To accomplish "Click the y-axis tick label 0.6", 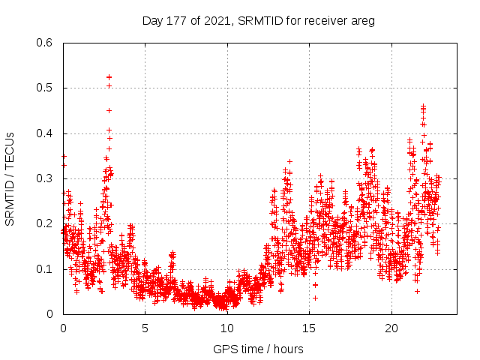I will pyautogui.click(x=46, y=43).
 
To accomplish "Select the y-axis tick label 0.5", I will pyautogui.click(x=46, y=88).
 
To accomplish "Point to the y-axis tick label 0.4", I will pyautogui.click(x=46, y=133).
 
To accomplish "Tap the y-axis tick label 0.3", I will pyautogui.click(x=46, y=178).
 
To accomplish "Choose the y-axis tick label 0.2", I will pyautogui.click(x=46, y=223).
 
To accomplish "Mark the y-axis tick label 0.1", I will pyautogui.click(x=46, y=269).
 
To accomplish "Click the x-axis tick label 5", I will pyautogui.click(x=145, y=328).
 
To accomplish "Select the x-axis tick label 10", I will pyautogui.click(x=227, y=328).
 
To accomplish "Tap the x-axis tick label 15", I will pyautogui.click(x=309, y=328).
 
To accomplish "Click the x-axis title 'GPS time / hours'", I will pyautogui.click(x=258, y=349).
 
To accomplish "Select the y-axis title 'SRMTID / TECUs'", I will pyautogui.click(x=10, y=178).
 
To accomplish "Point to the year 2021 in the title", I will pyautogui.click(x=217, y=20).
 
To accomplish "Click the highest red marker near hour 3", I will pyautogui.click(x=109, y=77).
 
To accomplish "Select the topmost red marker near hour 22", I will pyautogui.click(x=423, y=106).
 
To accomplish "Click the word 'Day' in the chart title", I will pyautogui.click(x=153, y=20).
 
